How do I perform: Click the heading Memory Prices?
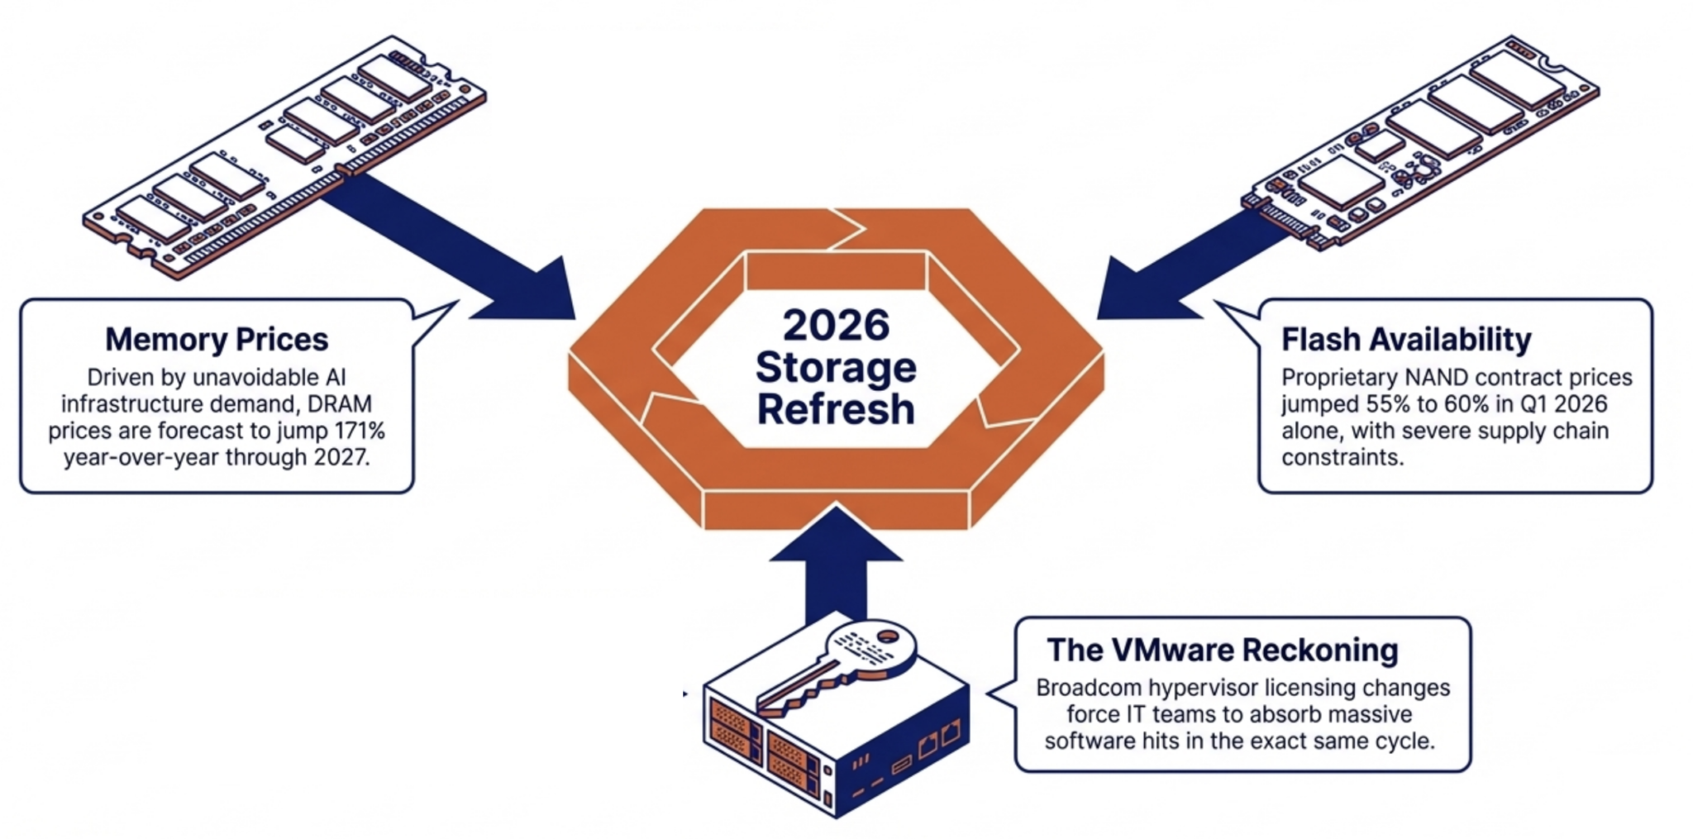(x=217, y=340)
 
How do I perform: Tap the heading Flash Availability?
(x=1406, y=340)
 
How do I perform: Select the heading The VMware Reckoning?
(x=1223, y=650)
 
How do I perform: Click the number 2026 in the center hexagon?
(x=836, y=325)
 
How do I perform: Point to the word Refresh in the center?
(x=836, y=409)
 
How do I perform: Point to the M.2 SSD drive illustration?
(x=1420, y=141)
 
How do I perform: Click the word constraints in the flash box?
(x=1342, y=457)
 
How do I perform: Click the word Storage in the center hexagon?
(x=836, y=368)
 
